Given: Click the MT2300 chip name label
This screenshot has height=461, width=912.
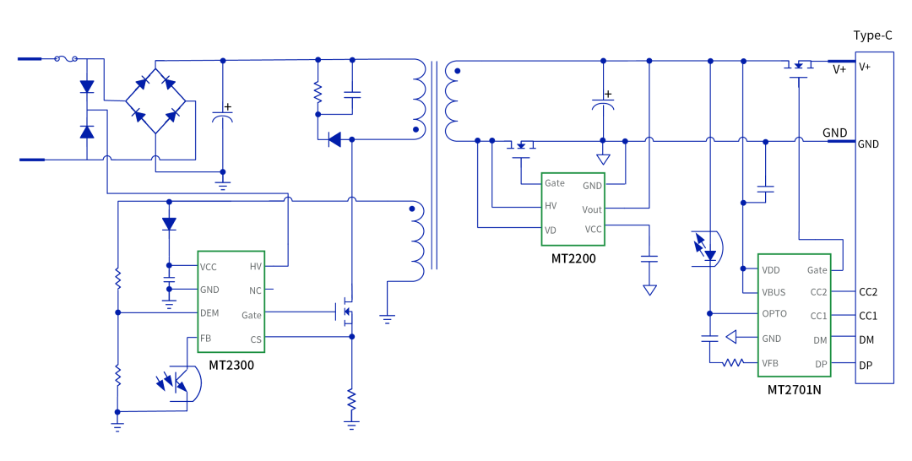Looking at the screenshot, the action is click(x=231, y=365).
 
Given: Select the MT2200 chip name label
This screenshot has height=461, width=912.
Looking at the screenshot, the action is click(x=573, y=258).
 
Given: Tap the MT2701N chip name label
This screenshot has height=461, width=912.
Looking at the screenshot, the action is click(x=794, y=389).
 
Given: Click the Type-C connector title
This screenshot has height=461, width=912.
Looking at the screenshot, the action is click(x=872, y=35).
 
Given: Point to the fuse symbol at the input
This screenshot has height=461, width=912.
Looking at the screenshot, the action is click(x=66, y=59).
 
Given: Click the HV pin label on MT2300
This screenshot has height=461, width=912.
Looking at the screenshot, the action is click(x=256, y=266).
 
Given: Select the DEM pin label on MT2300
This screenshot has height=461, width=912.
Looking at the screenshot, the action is click(x=209, y=312).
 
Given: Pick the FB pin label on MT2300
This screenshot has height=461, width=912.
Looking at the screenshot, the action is click(x=205, y=338).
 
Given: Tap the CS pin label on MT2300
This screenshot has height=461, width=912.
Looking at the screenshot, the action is click(x=256, y=339).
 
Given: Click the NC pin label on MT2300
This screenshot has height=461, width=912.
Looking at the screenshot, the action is click(x=255, y=290).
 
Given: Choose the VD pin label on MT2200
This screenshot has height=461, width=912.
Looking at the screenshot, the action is click(x=551, y=230).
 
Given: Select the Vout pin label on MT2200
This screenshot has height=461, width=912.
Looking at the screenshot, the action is click(x=592, y=210).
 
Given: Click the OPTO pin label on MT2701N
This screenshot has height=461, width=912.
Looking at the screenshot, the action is click(x=774, y=313).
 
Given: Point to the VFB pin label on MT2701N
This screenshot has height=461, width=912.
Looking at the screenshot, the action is click(x=770, y=363).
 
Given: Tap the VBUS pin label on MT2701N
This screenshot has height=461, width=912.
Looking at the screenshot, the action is click(x=774, y=292).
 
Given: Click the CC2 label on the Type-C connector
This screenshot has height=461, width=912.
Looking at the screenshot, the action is click(x=868, y=292).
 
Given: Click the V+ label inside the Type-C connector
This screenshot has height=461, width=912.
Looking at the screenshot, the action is click(x=865, y=67).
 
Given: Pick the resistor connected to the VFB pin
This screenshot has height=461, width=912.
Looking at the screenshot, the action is click(x=733, y=363).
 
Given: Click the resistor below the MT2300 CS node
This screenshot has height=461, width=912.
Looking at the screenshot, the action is click(x=351, y=399).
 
